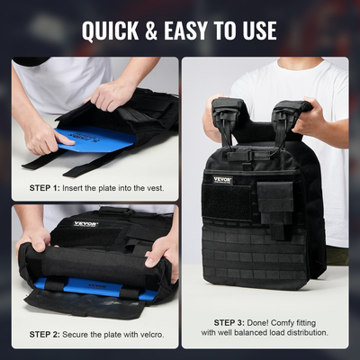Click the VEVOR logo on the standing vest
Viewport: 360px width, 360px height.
222,179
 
